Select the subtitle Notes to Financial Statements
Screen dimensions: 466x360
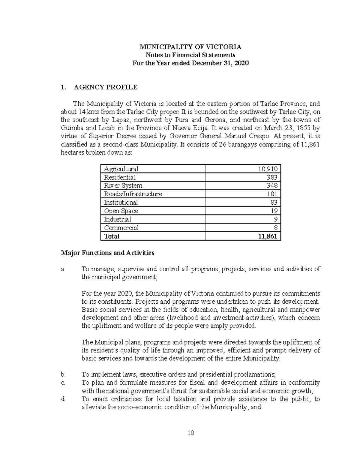click(x=190, y=55)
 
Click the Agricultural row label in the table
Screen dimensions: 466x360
click(x=121, y=169)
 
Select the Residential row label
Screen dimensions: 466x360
click(x=120, y=177)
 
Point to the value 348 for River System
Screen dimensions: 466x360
click(x=272, y=185)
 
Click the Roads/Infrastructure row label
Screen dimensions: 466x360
click(x=133, y=194)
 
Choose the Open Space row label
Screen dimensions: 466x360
click(x=121, y=211)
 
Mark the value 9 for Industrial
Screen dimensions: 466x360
click(x=275, y=219)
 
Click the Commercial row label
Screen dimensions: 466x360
click(x=121, y=228)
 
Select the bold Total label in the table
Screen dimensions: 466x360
click(x=112, y=236)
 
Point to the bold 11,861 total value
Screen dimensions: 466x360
click(x=268, y=236)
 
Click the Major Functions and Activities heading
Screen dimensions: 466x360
click(x=107, y=253)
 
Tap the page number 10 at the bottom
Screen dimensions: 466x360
click(x=190, y=433)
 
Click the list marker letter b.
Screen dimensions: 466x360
click(x=63, y=374)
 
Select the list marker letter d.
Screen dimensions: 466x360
click(x=63, y=399)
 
